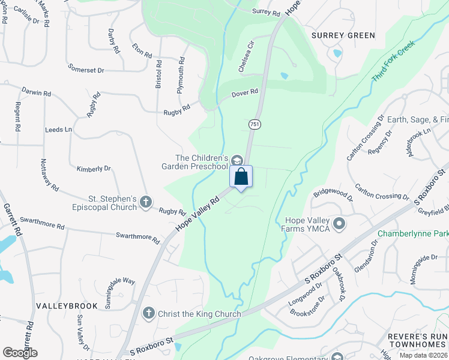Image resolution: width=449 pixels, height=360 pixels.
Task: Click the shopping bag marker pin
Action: [x=241, y=177]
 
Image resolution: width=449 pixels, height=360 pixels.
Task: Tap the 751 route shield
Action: [x=255, y=124]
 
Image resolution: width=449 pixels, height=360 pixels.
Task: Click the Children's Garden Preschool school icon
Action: [x=237, y=160]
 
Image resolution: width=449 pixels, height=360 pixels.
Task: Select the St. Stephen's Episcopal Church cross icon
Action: [x=145, y=203]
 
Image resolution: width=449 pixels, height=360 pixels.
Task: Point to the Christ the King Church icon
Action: [x=148, y=313]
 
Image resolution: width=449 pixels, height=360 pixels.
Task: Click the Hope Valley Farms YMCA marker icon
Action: [x=339, y=224]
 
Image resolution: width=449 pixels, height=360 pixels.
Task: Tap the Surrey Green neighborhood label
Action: [x=343, y=35]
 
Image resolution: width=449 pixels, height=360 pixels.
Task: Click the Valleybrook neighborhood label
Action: [x=67, y=306]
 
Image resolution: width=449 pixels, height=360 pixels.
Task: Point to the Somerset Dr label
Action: [x=86, y=70]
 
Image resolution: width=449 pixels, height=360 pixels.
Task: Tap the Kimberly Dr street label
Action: [x=94, y=169]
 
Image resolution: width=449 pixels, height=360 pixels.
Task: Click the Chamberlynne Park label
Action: [x=413, y=233]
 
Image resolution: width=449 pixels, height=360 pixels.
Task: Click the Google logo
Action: [x=20, y=353]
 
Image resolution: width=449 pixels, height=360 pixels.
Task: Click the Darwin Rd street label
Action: [x=35, y=92]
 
